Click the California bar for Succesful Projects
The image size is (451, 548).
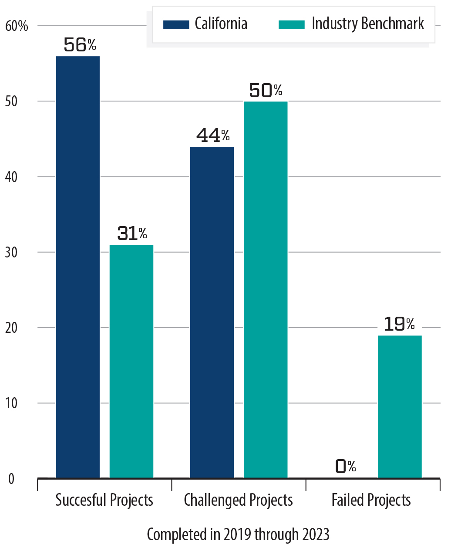(x=78, y=267)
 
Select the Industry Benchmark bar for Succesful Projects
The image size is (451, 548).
(x=131, y=361)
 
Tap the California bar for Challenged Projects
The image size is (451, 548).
(x=212, y=312)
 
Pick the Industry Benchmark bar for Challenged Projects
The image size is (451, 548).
(x=266, y=289)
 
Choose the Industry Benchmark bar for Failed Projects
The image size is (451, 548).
(x=400, y=406)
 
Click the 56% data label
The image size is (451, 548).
(x=80, y=45)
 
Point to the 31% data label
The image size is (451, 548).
(x=132, y=233)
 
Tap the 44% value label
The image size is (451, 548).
(x=213, y=135)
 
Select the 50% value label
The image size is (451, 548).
(x=266, y=90)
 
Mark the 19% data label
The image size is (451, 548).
(x=399, y=324)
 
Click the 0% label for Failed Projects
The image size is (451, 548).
(x=346, y=467)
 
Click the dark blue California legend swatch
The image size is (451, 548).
(x=176, y=24)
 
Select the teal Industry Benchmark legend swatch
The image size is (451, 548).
(x=291, y=24)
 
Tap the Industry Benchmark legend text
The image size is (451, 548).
(x=368, y=24)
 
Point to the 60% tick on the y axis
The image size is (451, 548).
(x=17, y=26)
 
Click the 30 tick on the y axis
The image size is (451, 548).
(x=11, y=253)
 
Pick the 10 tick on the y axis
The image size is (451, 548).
(x=11, y=403)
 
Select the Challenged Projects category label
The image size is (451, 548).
(x=239, y=500)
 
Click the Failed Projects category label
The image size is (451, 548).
(x=371, y=500)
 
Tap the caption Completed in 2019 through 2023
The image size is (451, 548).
(x=238, y=534)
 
